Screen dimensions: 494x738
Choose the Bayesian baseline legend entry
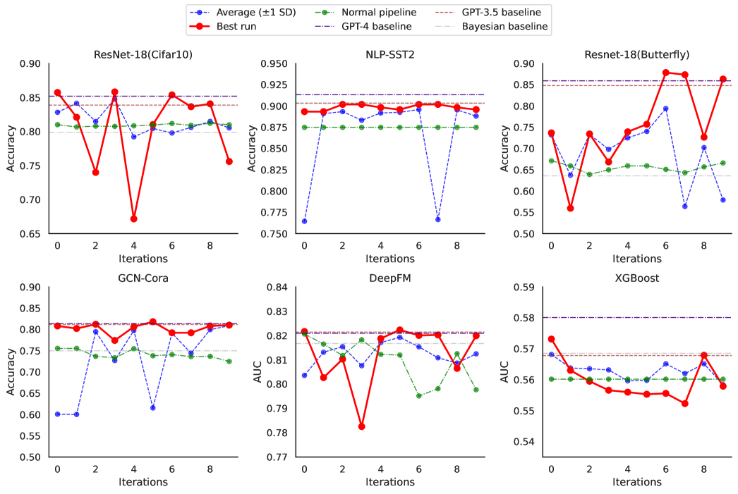504,27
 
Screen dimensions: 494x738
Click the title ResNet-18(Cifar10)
143,54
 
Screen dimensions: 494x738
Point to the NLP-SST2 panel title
391,54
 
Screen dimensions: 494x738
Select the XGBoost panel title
637,278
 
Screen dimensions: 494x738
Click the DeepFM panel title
390,278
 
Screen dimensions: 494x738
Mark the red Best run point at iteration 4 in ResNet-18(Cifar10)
133,218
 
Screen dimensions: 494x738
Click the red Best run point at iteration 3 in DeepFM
362,426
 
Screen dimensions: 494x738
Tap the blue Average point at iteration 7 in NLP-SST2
438,219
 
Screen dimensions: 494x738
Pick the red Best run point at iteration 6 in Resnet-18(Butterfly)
665,72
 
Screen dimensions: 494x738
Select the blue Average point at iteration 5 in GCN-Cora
152,407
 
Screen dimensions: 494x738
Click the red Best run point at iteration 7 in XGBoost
684,403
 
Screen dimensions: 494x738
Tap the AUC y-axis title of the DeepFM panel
258,371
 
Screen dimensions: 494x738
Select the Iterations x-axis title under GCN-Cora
143,482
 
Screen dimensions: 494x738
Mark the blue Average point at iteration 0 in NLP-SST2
304,221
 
